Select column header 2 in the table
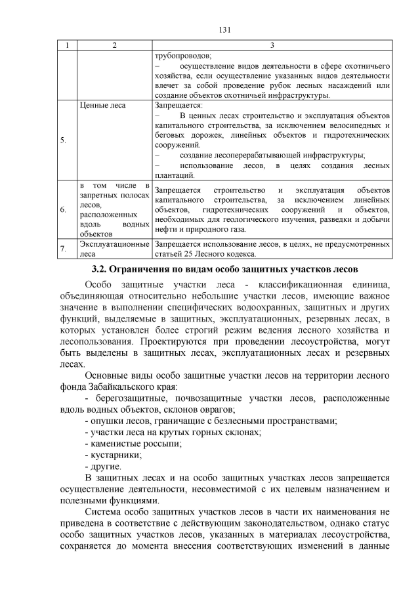point(114,45)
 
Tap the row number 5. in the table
point(62,140)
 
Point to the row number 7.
point(62,249)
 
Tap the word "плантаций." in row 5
point(174,175)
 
